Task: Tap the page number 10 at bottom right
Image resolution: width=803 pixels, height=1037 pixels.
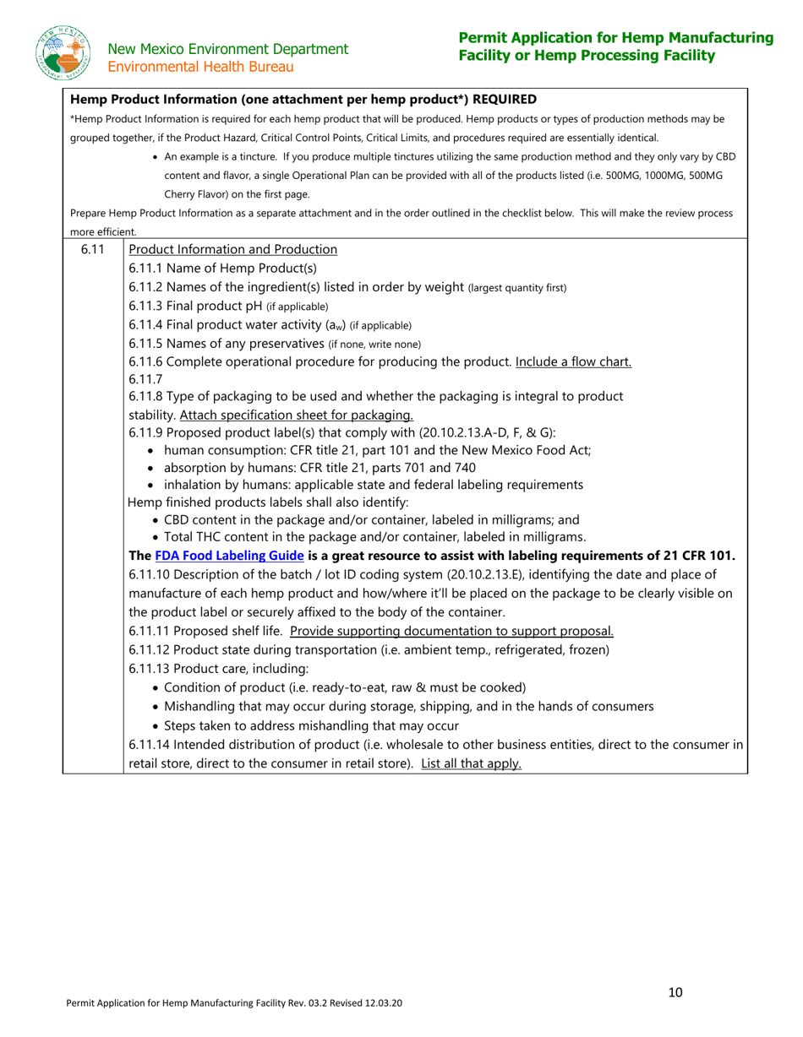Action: [x=675, y=992]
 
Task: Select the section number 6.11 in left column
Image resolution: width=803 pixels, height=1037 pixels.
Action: [x=92, y=249]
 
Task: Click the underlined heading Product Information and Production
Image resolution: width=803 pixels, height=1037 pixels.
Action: [x=232, y=249]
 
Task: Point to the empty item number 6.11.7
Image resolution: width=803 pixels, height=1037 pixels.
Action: [x=145, y=378]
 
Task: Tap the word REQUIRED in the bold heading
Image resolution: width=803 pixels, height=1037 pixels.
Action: [x=503, y=100]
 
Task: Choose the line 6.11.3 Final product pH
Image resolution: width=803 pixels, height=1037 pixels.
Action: [x=228, y=306]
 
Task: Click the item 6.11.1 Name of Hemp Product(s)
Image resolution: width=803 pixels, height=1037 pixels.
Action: [x=222, y=268]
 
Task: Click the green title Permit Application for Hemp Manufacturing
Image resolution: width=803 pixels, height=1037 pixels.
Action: [x=615, y=38]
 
